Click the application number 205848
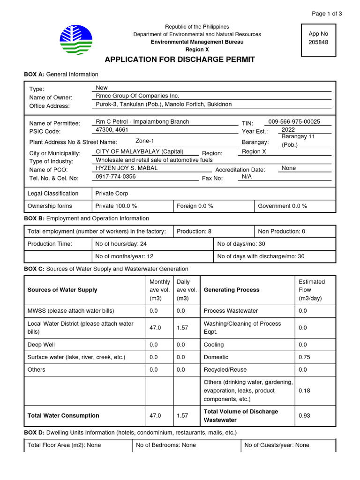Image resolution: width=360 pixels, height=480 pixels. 318,42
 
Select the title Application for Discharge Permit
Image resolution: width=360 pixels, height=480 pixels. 180,60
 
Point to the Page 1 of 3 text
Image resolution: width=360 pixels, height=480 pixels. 327,14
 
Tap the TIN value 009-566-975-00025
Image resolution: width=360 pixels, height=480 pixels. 294,122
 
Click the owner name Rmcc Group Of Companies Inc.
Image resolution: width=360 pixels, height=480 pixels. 137,96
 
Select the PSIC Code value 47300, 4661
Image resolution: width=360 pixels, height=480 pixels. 112,130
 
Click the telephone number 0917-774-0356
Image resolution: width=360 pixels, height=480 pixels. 116,177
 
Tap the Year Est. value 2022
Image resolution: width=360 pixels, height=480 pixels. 288,130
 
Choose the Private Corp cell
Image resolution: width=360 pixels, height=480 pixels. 112,193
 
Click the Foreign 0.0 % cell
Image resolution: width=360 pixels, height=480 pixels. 195,206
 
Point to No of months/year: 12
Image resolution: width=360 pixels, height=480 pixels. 124,256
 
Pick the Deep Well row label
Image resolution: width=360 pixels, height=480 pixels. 41,345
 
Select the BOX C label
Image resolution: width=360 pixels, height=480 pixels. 34,269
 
